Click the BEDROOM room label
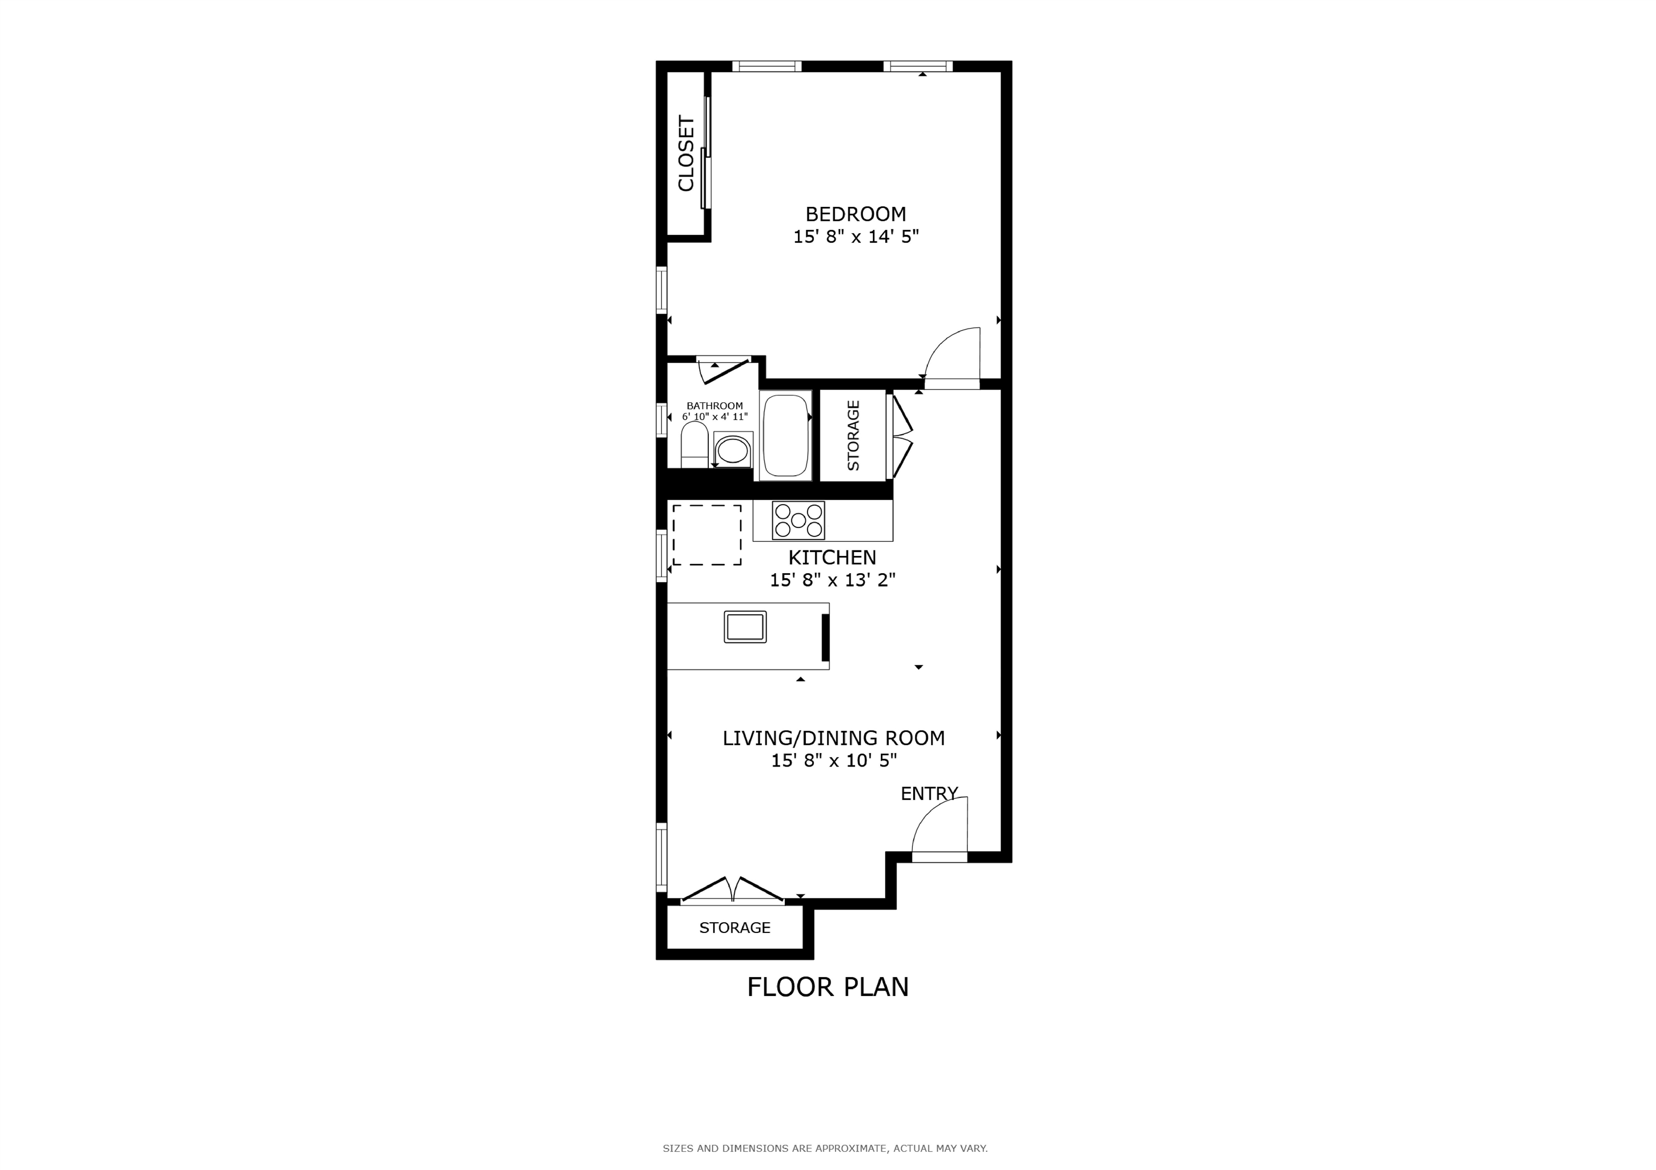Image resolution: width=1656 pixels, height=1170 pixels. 855,214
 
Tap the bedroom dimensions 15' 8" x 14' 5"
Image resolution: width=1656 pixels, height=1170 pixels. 855,236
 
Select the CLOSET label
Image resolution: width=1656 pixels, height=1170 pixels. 686,154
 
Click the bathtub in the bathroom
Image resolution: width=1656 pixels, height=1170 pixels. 785,435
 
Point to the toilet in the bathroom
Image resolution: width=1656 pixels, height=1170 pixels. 694,445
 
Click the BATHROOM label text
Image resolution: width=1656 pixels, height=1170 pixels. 714,406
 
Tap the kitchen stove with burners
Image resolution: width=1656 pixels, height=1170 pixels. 798,520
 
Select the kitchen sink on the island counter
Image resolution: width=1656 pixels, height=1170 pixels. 745,626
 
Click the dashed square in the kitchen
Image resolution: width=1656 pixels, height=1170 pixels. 707,535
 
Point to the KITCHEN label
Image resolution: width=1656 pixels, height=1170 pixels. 832,557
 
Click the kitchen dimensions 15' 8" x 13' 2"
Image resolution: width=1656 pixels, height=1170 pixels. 832,580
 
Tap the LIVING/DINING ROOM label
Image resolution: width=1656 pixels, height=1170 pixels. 834,738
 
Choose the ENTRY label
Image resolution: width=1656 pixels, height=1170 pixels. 929,793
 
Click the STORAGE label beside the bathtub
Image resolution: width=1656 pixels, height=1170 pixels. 853,435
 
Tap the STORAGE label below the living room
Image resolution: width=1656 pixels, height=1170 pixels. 735,928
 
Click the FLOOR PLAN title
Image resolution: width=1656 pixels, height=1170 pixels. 828,987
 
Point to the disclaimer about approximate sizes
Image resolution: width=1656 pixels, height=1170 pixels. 825,1148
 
